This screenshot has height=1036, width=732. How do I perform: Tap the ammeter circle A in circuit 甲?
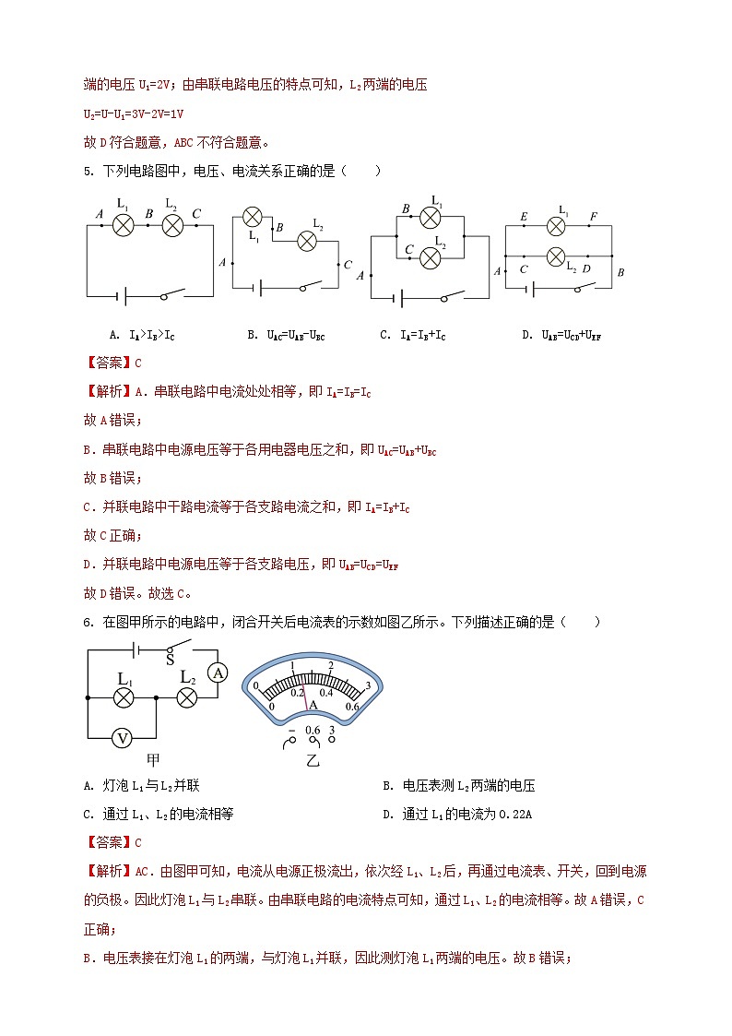(x=218, y=673)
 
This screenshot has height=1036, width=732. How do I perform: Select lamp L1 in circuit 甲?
(x=124, y=697)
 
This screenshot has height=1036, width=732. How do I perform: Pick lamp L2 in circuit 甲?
(x=187, y=697)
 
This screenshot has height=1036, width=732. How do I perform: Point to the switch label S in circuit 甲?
(x=170, y=660)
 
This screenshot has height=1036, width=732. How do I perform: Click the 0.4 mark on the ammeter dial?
(x=326, y=692)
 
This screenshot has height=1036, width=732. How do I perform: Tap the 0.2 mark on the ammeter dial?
(x=297, y=692)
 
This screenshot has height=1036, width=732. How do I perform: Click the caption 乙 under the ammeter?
(x=312, y=765)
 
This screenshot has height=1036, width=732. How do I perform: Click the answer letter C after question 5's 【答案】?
(x=138, y=363)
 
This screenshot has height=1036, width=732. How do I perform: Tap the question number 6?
(x=89, y=623)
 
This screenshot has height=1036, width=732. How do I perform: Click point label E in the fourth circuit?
(x=523, y=218)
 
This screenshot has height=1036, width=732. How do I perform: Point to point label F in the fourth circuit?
(x=593, y=218)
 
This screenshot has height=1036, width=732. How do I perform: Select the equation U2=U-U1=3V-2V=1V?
(x=135, y=113)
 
